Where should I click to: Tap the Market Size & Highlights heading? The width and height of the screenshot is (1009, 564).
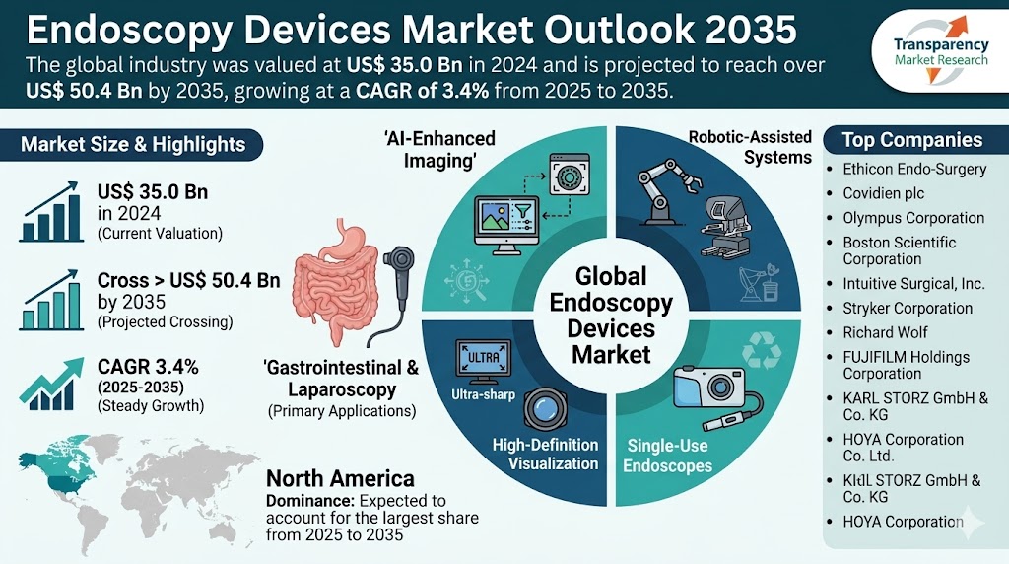pos(133,144)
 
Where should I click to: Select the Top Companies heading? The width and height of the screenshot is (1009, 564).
pos(911,140)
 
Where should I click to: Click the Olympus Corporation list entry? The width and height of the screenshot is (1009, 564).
pos(913,218)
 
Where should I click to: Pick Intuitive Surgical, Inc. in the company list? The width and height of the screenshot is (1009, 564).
pos(913,283)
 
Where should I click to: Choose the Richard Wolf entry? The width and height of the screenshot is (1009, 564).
pos(885,332)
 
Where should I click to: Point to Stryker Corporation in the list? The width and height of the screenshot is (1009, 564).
pos(908,308)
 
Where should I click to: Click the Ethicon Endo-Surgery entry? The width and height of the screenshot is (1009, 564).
pos(914,169)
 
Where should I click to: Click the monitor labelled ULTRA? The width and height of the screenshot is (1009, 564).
pos(480,356)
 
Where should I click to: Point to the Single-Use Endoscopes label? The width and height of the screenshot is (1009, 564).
pos(666,455)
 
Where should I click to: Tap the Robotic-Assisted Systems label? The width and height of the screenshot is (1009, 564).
pos(750,147)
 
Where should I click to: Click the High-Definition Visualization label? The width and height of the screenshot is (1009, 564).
pos(546,454)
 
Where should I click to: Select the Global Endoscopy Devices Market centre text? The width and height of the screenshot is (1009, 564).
pos(611,315)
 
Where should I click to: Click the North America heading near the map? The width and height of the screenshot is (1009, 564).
pos(341,479)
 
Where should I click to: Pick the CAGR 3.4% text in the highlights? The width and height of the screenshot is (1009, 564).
pos(148,367)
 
